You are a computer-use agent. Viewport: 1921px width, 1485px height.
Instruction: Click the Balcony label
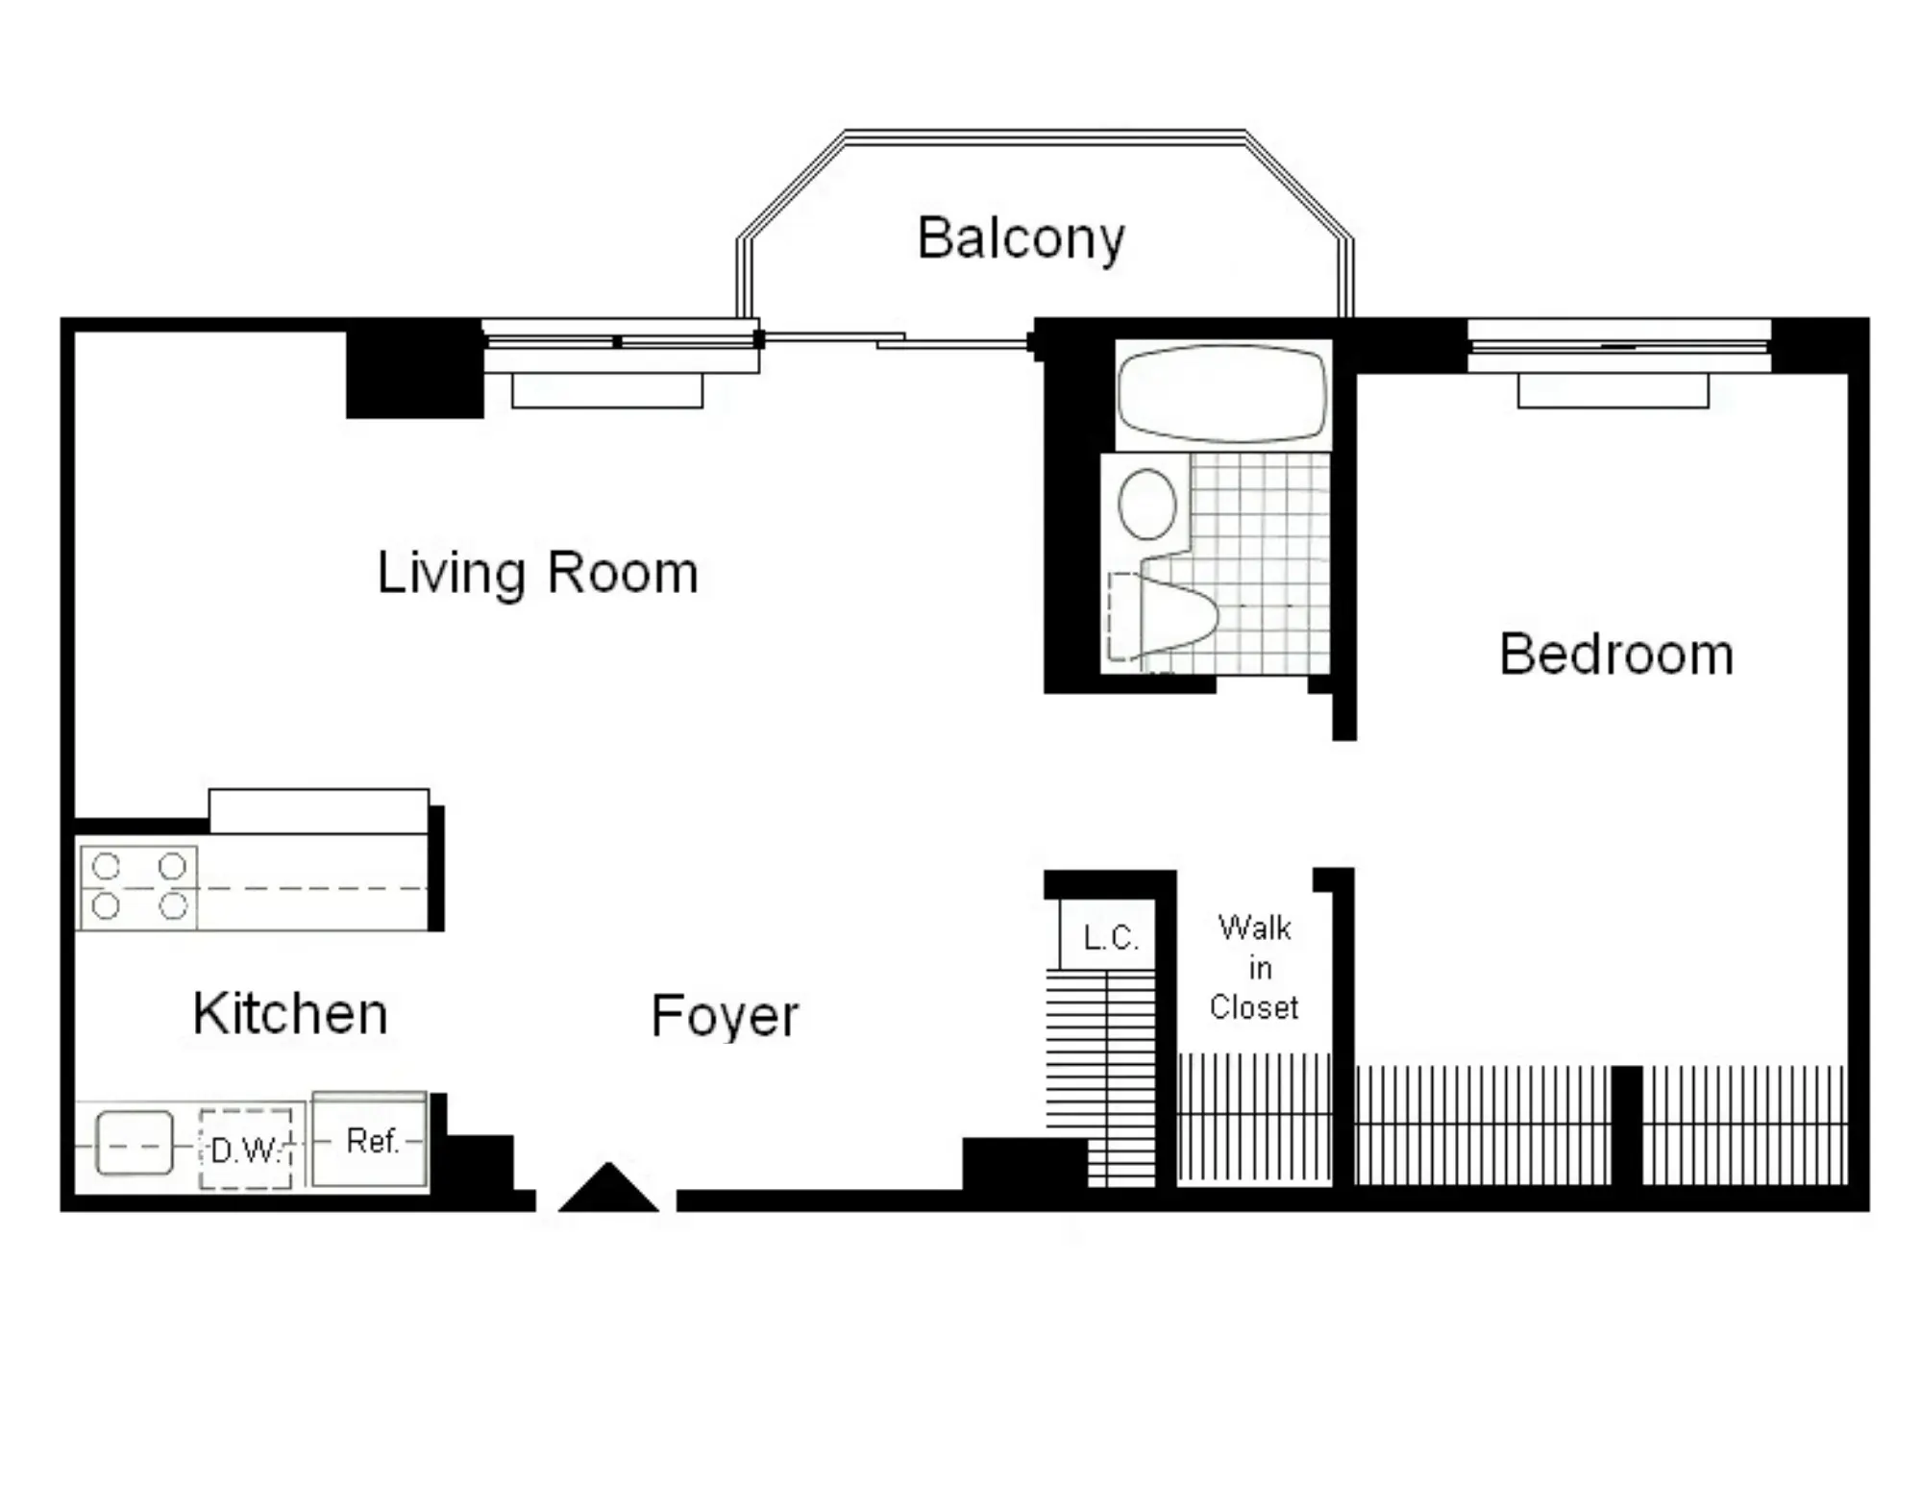(1021, 238)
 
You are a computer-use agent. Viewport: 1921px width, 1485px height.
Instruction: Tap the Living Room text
(537, 573)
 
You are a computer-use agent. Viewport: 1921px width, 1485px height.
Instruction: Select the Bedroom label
(1616, 655)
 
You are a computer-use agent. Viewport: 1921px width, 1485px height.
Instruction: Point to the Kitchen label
(290, 1013)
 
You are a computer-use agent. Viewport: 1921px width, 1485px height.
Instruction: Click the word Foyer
(725, 1017)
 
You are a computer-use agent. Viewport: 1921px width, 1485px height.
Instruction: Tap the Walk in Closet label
(1254, 968)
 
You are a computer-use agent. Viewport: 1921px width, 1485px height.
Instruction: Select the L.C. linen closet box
(1108, 934)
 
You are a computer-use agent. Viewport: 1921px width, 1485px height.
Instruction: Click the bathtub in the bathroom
(1222, 394)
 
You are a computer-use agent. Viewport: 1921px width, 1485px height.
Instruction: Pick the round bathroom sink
(1147, 504)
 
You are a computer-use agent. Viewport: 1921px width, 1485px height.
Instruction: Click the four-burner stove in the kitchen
(138, 887)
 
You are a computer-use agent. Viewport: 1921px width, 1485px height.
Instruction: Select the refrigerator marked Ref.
(370, 1140)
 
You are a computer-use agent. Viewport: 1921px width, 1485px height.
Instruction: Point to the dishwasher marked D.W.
(246, 1149)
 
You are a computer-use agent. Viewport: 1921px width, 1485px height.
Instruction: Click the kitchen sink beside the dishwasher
(135, 1144)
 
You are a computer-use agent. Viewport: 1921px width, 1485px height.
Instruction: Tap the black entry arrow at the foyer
(608, 1188)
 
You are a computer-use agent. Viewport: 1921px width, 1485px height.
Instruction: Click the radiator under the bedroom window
(1613, 391)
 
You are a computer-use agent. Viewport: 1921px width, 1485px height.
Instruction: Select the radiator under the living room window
(607, 391)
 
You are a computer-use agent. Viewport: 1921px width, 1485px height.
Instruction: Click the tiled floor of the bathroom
(1260, 562)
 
